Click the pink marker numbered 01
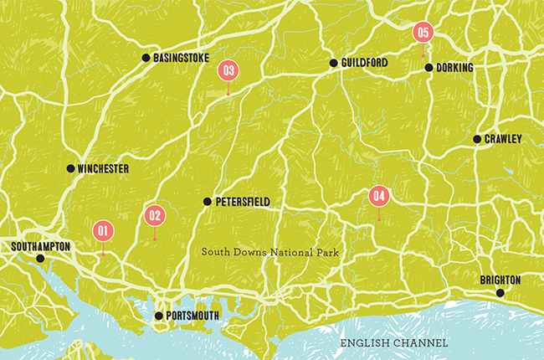pos(103,229)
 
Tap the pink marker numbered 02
pos(154,215)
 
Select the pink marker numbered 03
pos(228,70)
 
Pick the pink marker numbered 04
pos(379,197)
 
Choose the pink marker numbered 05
pos(423,33)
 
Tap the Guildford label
pos(364,63)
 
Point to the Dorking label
pos(455,68)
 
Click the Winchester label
pos(104,169)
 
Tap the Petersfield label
pos(242,202)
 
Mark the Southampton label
pos(41,246)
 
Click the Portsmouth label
pos(194,316)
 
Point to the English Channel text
pos(393,343)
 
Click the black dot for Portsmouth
pos(159,316)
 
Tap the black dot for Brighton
pos(500,293)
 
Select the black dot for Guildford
pos(333,63)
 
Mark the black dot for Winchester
pos(71,168)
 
